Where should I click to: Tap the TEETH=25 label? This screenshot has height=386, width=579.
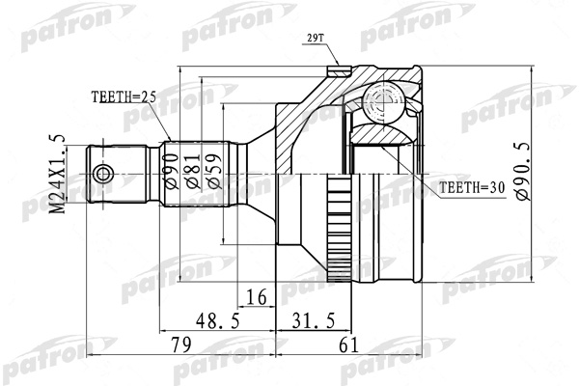[x=124, y=97]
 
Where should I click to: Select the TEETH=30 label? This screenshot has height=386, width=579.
[x=472, y=188]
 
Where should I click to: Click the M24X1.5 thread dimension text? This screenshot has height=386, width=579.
[x=58, y=174]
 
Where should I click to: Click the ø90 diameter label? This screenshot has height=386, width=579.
[x=172, y=172]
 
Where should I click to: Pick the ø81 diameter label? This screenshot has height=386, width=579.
[x=193, y=172]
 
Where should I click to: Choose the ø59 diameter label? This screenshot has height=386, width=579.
[x=214, y=172]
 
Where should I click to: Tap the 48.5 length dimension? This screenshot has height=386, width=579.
[x=218, y=320]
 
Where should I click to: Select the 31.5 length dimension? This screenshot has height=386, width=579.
[x=314, y=320]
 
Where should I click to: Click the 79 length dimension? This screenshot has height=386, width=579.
[x=181, y=345]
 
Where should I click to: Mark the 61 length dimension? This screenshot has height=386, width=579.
[x=348, y=345]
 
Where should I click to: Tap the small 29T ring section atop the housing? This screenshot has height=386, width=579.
[x=339, y=70]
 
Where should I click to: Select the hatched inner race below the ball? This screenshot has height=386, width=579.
[x=382, y=134]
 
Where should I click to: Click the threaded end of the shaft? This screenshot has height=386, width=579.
[x=117, y=175]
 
